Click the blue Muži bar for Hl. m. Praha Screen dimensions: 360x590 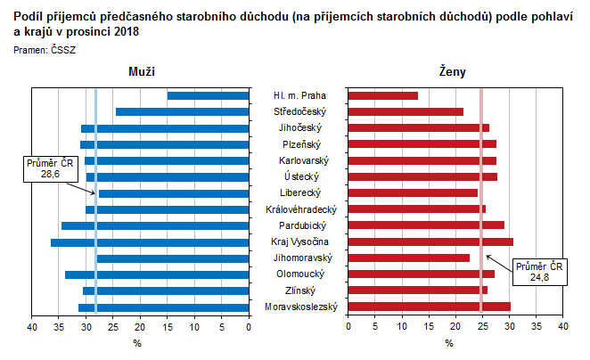point(208,95)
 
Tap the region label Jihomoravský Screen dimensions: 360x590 point(301,258)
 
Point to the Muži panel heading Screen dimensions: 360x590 point(141,71)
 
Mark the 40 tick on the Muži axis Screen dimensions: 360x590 point(32,328)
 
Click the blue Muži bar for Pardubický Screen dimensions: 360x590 point(155,225)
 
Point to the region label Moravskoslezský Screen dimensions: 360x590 point(301,307)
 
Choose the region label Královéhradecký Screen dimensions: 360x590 point(301,209)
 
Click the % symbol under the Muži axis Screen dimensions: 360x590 point(138,343)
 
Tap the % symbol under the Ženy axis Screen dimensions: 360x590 point(449,343)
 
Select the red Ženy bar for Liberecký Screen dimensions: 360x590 point(412,192)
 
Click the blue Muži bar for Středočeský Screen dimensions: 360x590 point(182,111)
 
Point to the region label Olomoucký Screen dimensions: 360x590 point(301,274)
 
